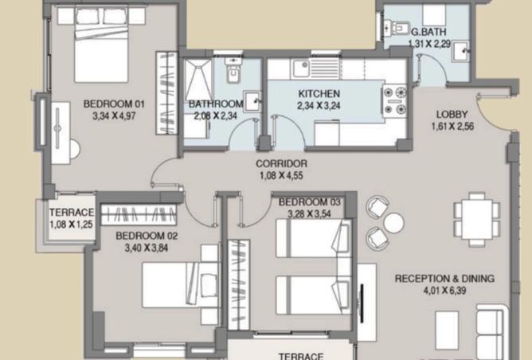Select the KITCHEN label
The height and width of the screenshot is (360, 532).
pyautogui.click(x=319, y=94)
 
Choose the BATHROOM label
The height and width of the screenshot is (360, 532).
pyautogui.click(x=215, y=104)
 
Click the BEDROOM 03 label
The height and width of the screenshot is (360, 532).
pyautogui.click(x=310, y=202)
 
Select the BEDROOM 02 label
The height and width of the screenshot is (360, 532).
pyautogui.click(x=147, y=236)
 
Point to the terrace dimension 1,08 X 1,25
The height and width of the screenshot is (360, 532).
pyautogui.click(x=72, y=225)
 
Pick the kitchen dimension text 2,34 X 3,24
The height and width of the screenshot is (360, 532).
pyautogui.click(x=318, y=105)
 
